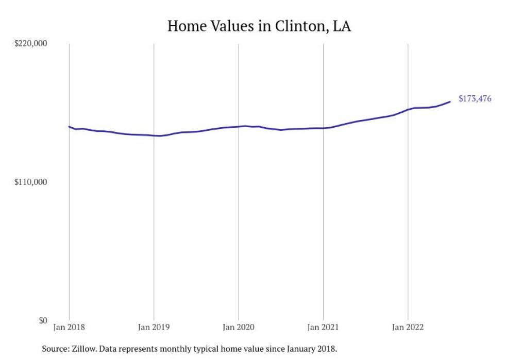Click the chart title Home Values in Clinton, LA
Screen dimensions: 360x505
click(x=259, y=26)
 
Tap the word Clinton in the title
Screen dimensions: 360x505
click(x=300, y=26)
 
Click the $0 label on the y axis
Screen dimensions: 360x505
click(x=42, y=320)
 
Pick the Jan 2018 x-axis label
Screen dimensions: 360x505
click(x=69, y=327)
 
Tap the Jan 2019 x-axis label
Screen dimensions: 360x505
click(x=154, y=327)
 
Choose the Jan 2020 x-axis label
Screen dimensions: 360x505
click(x=238, y=327)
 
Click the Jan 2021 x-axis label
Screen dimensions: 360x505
click(x=323, y=327)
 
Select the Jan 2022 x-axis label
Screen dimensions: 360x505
click(x=408, y=327)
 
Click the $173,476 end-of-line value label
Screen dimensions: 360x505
click(x=475, y=99)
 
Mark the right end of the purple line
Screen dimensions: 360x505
click(x=450, y=101)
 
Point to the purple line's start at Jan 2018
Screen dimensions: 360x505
click(x=69, y=126)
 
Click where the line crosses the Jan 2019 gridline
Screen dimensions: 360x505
click(x=154, y=135)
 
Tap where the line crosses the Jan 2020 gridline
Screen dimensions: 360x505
click(x=238, y=126)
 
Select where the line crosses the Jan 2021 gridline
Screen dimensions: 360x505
click(x=323, y=128)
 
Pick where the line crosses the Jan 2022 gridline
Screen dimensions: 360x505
click(x=408, y=110)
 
